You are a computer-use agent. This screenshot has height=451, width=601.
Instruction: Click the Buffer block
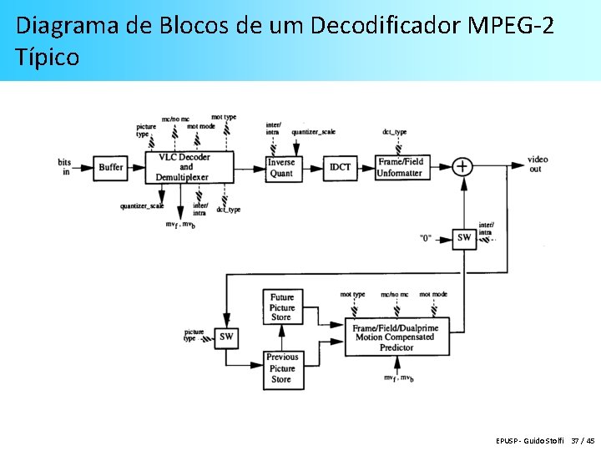pyautogui.click(x=110, y=167)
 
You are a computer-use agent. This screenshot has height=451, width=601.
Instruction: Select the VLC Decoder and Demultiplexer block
pyautogui.click(x=183, y=167)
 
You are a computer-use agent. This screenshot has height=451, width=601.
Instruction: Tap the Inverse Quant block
pyautogui.click(x=281, y=168)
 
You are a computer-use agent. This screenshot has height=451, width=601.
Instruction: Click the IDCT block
pyautogui.click(x=340, y=167)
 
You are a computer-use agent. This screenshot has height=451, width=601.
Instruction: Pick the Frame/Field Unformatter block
pyautogui.click(x=401, y=167)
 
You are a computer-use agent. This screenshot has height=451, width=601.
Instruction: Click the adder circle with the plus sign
pyautogui.click(x=462, y=166)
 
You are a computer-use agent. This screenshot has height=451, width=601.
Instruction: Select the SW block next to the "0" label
pyautogui.click(x=463, y=238)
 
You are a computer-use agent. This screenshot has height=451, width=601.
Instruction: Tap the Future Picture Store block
pyautogui.click(x=282, y=307)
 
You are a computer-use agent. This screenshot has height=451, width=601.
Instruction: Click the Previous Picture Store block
pyautogui.click(x=282, y=368)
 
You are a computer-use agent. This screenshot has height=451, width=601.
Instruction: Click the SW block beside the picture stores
pyautogui.click(x=225, y=337)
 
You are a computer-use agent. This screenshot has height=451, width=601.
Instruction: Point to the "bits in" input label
pyautogui.click(x=65, y=166)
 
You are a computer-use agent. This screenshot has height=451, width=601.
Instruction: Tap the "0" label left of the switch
pyautogui.click(x=426, y=239)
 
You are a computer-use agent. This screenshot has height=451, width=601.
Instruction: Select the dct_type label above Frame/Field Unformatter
pyautogui.click(x=394, y=132)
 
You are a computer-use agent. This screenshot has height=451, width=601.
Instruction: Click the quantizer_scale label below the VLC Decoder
pyautogui.click(x=141, y=206)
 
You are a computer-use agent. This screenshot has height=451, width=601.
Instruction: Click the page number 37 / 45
pyautogui.click(x=583, y=440)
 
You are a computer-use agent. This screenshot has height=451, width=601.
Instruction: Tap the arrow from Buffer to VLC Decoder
pyautogui.click(x=137, y=167)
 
